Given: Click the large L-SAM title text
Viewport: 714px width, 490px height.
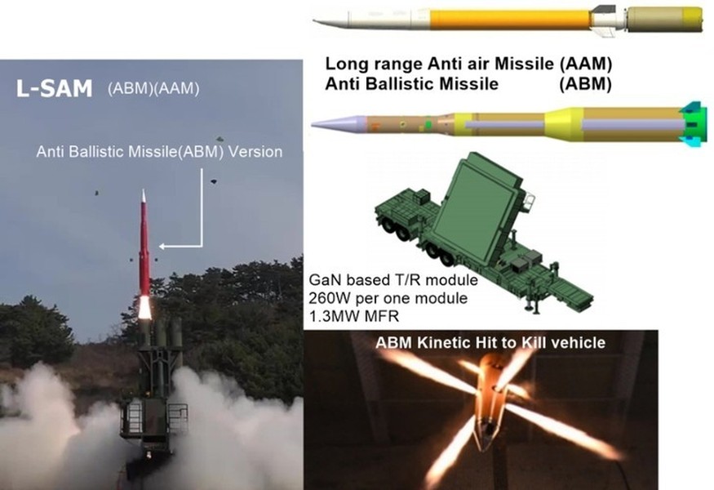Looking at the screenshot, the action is [54, 88].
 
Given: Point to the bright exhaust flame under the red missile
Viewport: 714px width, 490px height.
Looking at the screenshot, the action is [144, 307].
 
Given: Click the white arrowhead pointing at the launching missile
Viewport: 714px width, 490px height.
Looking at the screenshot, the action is [162, 247].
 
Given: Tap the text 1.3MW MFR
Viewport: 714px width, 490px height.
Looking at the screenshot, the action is [354, 316].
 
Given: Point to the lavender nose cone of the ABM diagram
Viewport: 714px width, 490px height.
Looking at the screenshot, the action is [339, 123].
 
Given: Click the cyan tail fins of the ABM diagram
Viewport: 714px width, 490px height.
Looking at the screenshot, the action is [693, 124].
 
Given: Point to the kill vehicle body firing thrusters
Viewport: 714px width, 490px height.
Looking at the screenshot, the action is [487, 401].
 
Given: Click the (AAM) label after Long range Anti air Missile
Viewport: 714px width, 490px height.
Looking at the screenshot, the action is [586, 64].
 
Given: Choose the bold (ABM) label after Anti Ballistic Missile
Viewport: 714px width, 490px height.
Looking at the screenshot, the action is [586, 84].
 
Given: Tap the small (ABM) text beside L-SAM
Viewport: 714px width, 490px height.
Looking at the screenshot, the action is [131, 88].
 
